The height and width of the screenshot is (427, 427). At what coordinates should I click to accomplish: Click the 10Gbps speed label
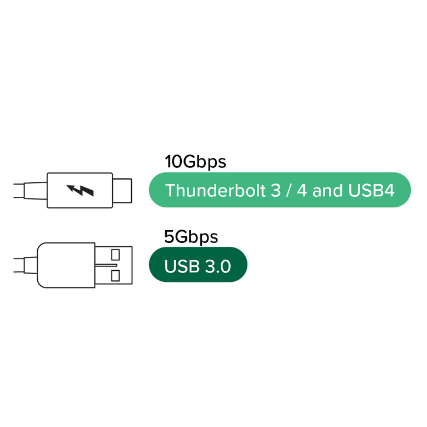[195, 162]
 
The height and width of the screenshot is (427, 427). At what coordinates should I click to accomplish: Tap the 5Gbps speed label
[191, 237]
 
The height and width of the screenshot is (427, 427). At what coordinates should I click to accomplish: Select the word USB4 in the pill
[371, 191]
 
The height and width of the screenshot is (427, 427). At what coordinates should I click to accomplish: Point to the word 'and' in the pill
[327, 191]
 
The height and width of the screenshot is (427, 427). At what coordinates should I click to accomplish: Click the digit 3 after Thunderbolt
[276, 191]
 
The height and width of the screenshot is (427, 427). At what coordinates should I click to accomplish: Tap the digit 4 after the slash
[302, 191]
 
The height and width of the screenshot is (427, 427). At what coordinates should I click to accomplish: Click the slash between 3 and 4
[289, 191]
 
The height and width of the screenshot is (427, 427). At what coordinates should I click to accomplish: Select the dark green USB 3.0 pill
[198, 265]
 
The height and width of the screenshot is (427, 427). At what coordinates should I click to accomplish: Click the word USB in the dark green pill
[182, 267]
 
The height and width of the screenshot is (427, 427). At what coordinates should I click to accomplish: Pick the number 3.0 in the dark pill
[217, 267]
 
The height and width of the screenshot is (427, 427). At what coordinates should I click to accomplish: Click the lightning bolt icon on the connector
[80, 191]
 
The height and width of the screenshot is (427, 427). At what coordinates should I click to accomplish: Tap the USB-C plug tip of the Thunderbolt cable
[123, 191]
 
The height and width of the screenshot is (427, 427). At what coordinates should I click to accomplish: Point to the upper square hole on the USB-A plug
[116, 255]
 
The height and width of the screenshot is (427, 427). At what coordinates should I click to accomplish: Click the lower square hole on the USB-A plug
[116, 275]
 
